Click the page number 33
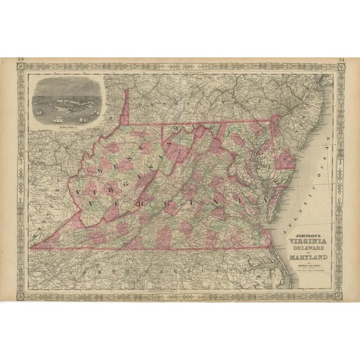click(21, 59)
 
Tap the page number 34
click(341, 59)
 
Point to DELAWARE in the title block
click(305, 251)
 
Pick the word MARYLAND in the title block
click(308, 259)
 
